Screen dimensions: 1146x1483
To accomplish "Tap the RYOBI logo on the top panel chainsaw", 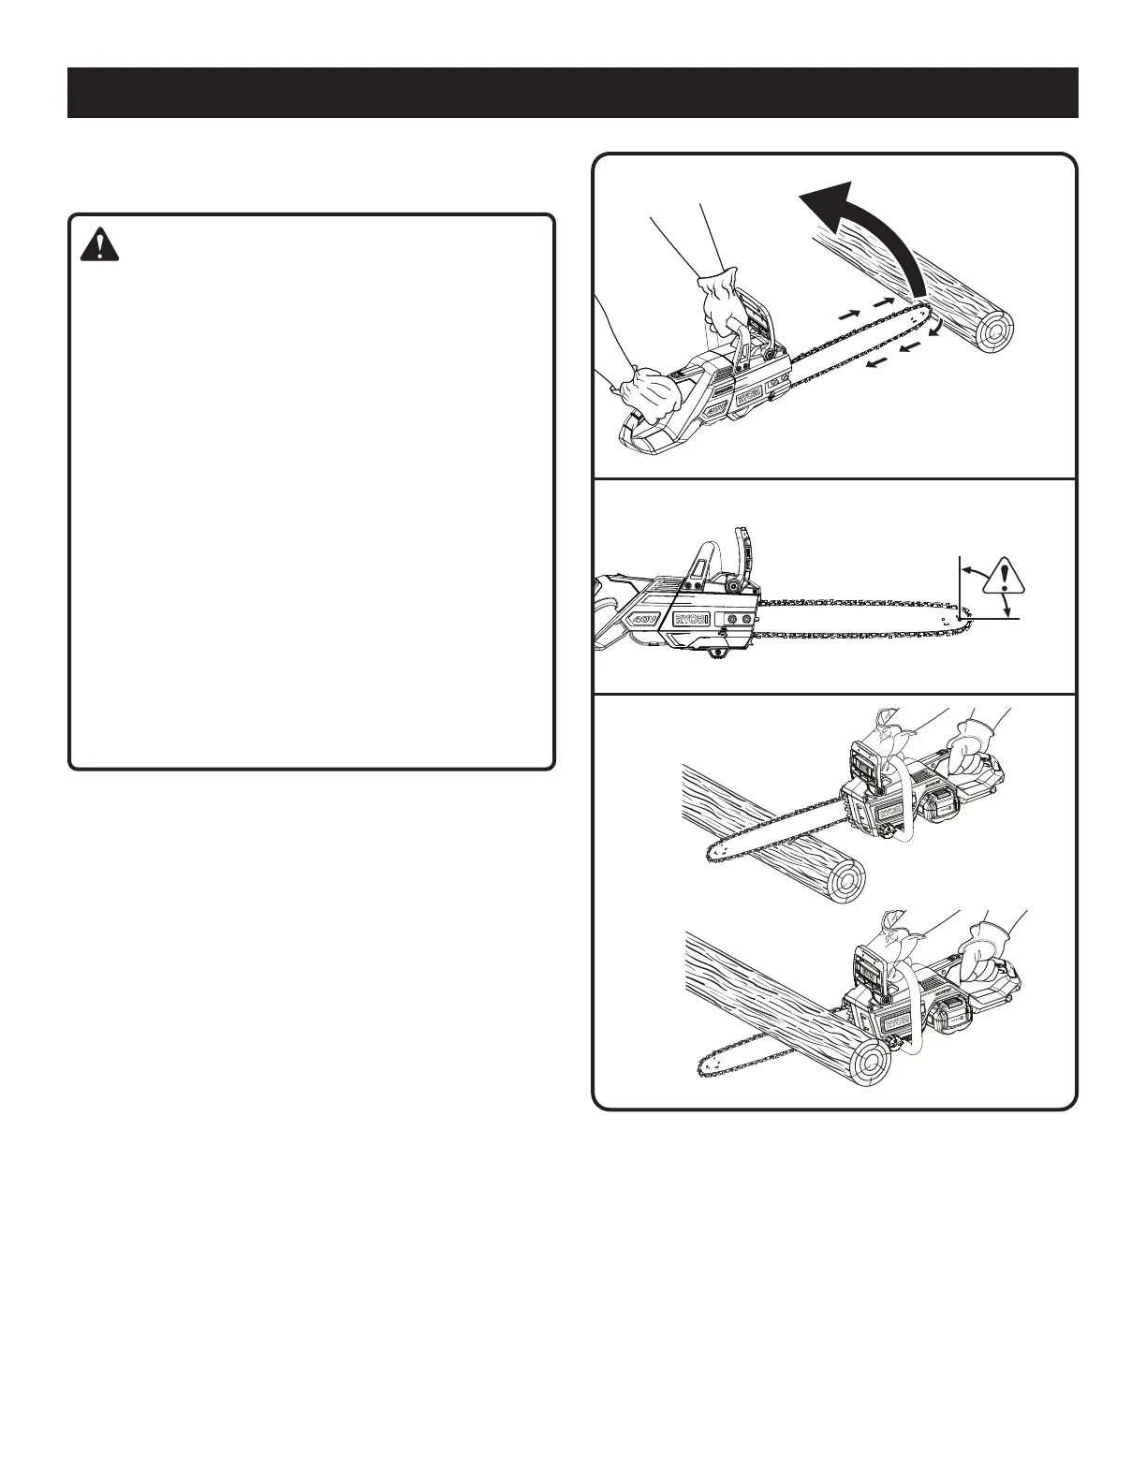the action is (x=749, y=398).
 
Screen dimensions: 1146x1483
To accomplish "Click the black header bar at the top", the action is (x=573, y=93).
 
